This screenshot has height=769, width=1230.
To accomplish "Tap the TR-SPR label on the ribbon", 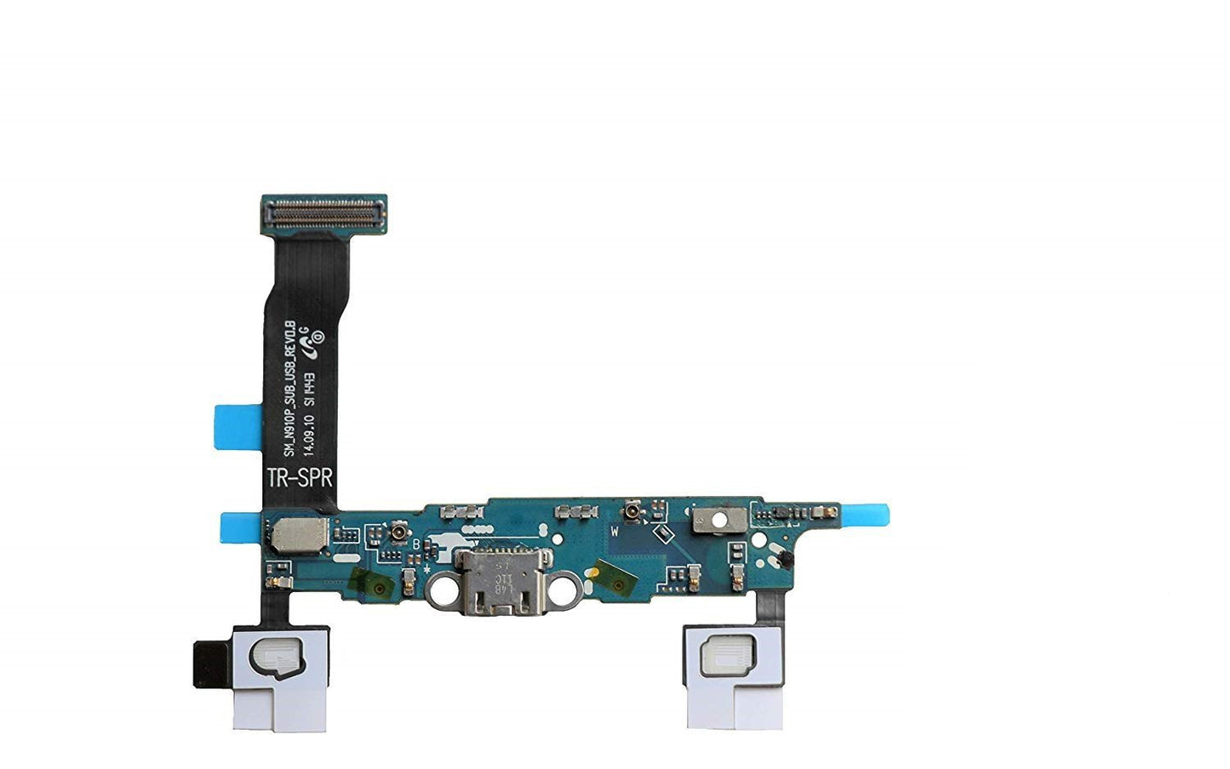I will pyautogui.click(x=300, y=477).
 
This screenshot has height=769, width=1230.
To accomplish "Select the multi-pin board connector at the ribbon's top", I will pyautogui.click(x=323, y=214).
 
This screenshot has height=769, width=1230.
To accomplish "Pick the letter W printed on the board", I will pyautogui.click(x=613, y=530).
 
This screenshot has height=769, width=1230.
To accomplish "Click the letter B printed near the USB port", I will pyautogui.click(x=415, y=544).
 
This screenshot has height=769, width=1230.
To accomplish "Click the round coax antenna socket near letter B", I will pyautogui.click(x=397, y=533).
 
